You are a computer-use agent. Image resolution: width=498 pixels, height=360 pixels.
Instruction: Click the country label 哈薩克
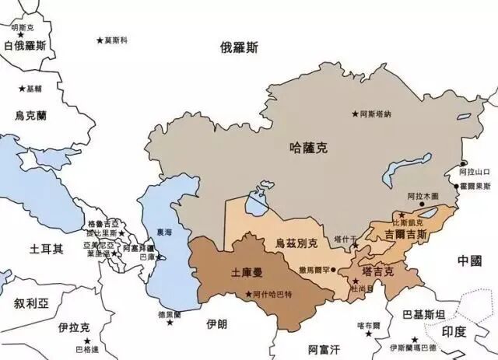305,145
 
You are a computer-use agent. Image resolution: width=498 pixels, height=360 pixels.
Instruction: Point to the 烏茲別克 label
296,243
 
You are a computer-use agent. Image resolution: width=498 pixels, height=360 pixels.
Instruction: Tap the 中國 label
470,260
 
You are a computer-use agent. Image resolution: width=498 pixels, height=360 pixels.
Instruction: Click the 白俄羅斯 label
30,46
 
